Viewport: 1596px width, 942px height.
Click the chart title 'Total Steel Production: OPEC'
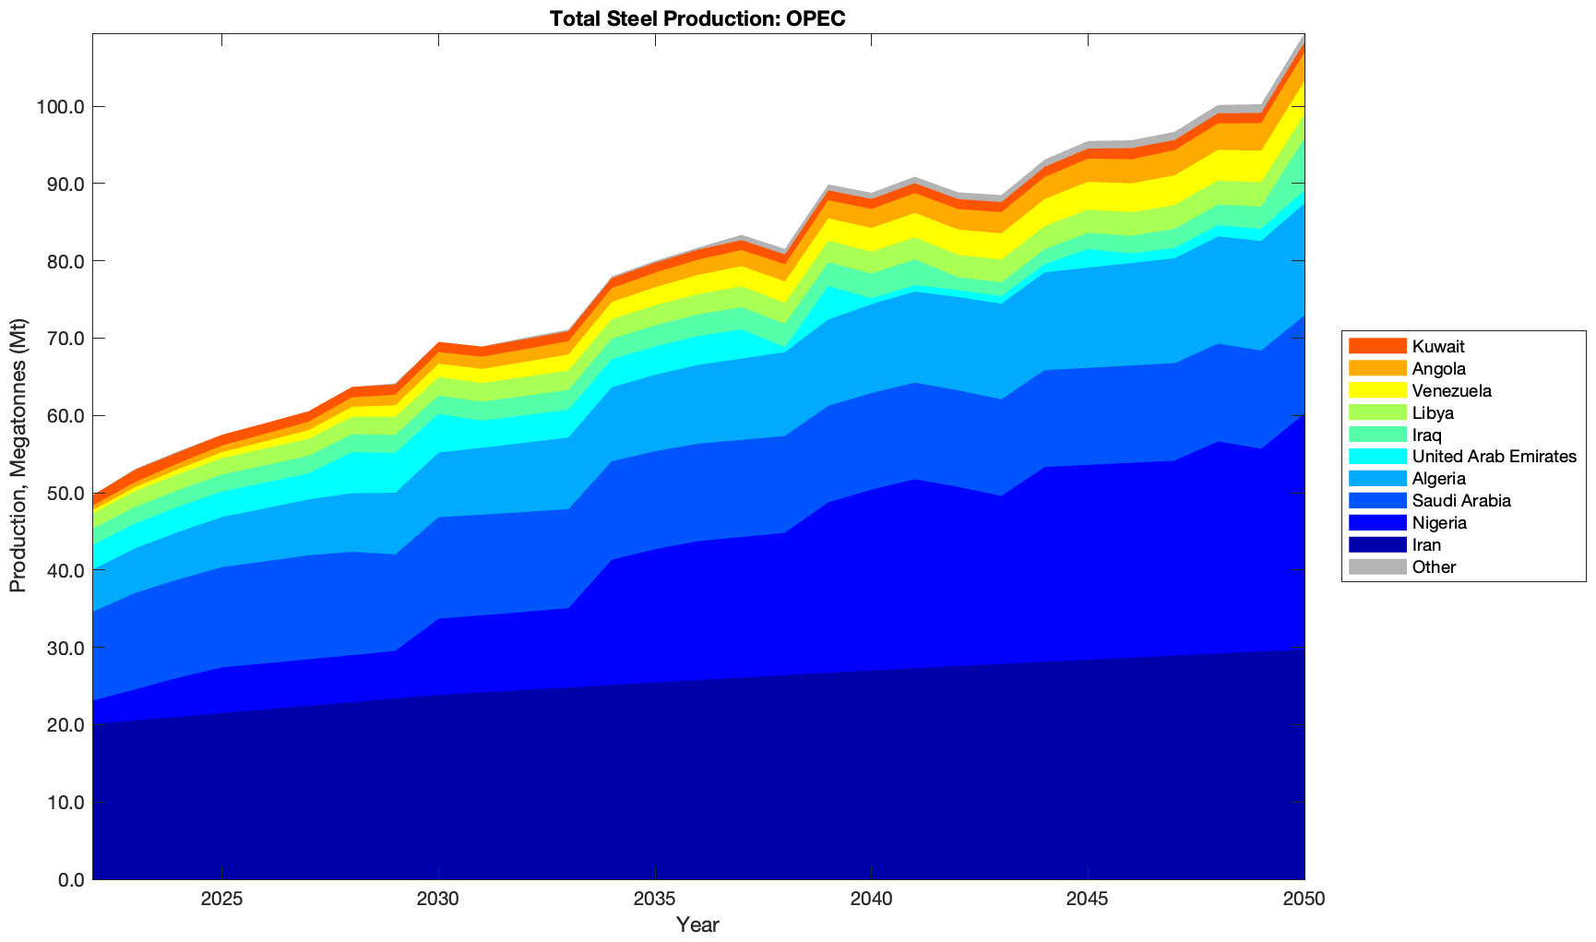(x=697, y=18)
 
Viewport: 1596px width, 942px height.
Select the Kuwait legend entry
(x=1438, y=347)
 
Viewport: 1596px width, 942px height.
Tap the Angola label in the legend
(x=1439, y=369)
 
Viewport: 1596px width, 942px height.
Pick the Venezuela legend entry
(x=1451, y=391)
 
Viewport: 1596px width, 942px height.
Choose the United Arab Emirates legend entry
(x=1494, y=457)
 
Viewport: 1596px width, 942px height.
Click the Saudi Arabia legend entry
(x=1461, y=501)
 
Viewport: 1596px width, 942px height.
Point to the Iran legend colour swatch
(x=1376, y=545)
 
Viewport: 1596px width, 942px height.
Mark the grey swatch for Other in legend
(x=1376, y=567)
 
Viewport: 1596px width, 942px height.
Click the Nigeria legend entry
(x=1439, y=523)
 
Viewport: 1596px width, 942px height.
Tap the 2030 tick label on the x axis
(x=438, y=900)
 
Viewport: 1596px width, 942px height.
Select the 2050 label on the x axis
(x=1304, y=900)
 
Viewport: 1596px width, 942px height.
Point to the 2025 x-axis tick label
(x=221, y=900)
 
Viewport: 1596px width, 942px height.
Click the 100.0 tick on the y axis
(x=60, y=107)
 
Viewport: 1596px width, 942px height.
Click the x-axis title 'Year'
(x=697, y=924)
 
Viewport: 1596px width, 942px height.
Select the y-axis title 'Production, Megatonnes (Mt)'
(x=18, y=456)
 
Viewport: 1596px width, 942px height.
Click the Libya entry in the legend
(x=1433, y=413)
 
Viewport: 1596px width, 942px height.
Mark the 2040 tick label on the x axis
(x=871, y=900)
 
